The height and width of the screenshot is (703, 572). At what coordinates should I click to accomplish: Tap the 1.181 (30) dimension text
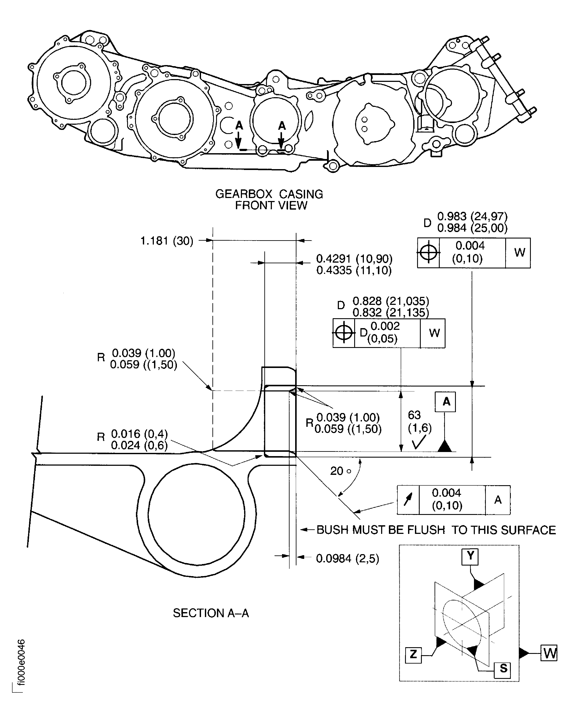(167, 241)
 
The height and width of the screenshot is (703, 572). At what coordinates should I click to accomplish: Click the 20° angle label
(340, 471)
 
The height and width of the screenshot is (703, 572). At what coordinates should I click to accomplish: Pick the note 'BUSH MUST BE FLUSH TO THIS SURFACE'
(436, 530)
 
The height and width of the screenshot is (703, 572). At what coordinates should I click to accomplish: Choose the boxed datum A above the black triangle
(446, 402)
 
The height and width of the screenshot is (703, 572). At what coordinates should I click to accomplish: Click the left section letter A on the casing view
(239, 126)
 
